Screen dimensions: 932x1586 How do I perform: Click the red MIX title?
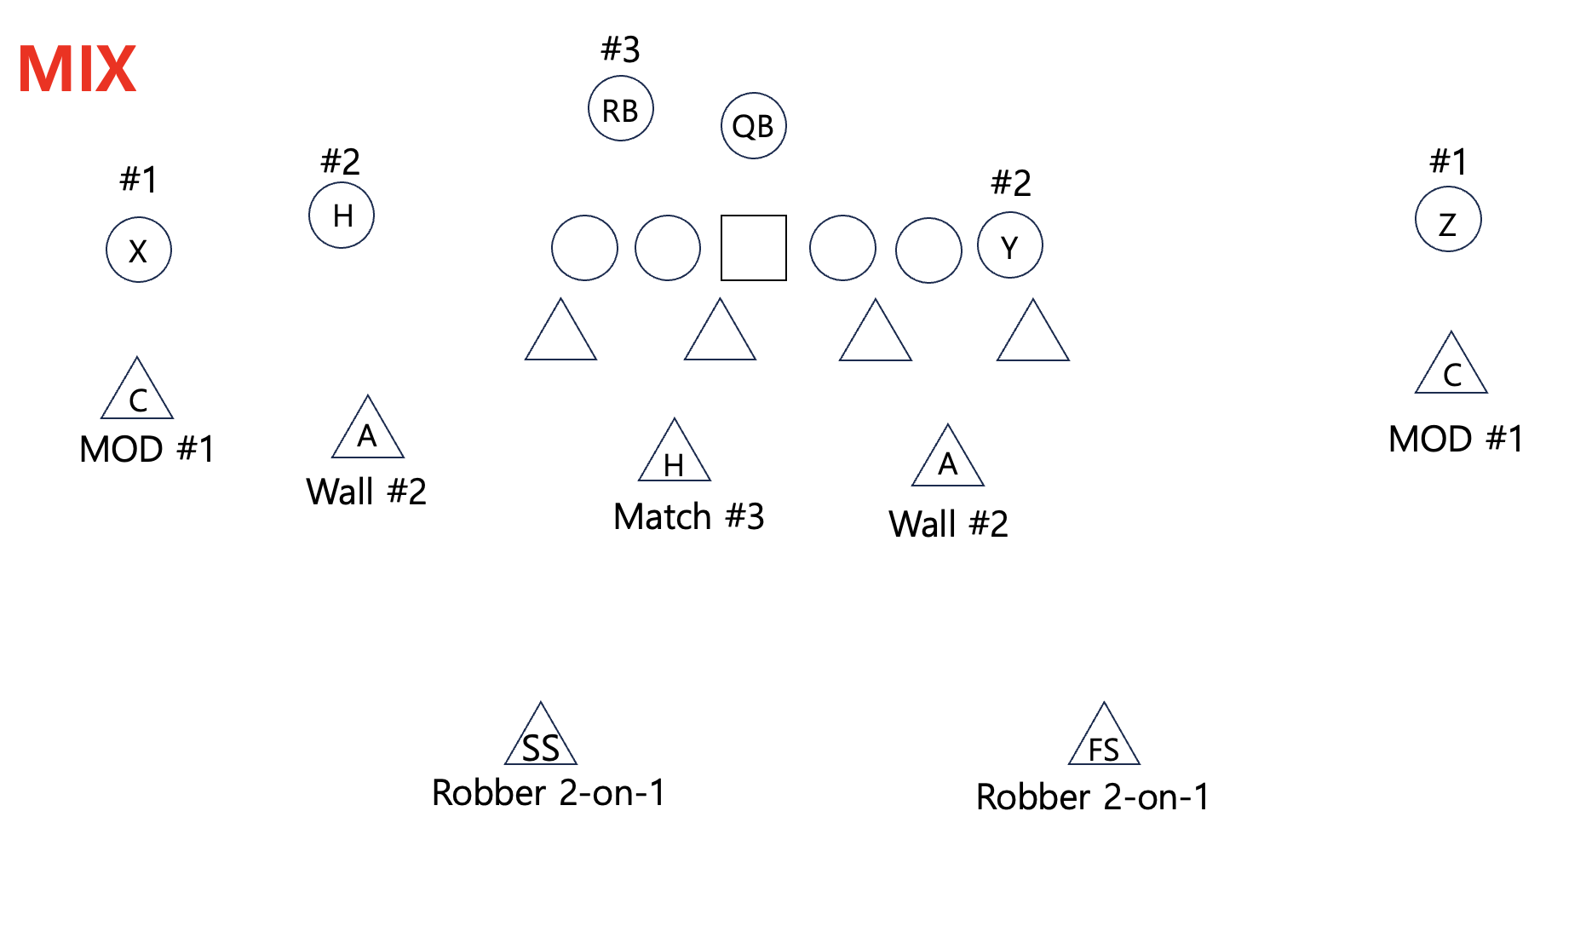pos(77,69)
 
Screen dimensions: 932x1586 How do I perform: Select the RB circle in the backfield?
pos(620,109)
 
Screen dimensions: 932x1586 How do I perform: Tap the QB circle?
pos(753,126)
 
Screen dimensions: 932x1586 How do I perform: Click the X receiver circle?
pos(138,250)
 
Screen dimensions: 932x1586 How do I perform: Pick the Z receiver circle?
pos(1447,220)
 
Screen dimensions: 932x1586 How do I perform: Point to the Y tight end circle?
pos(1009,246)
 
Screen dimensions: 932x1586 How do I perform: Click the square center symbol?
pos(753,248)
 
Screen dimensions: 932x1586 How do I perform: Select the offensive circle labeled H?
pos(342,216)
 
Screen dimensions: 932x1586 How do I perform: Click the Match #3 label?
pos(688,516)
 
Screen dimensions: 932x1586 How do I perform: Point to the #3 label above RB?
pos(620,49)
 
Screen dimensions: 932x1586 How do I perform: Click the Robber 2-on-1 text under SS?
pos(549,793)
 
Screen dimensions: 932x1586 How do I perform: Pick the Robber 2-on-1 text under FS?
pos(1093,797)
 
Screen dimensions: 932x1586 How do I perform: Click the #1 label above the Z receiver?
pos(1448,161)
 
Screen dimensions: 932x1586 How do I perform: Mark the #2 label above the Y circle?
pos(1011,182)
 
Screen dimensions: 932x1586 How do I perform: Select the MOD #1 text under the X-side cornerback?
pos(147,449)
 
